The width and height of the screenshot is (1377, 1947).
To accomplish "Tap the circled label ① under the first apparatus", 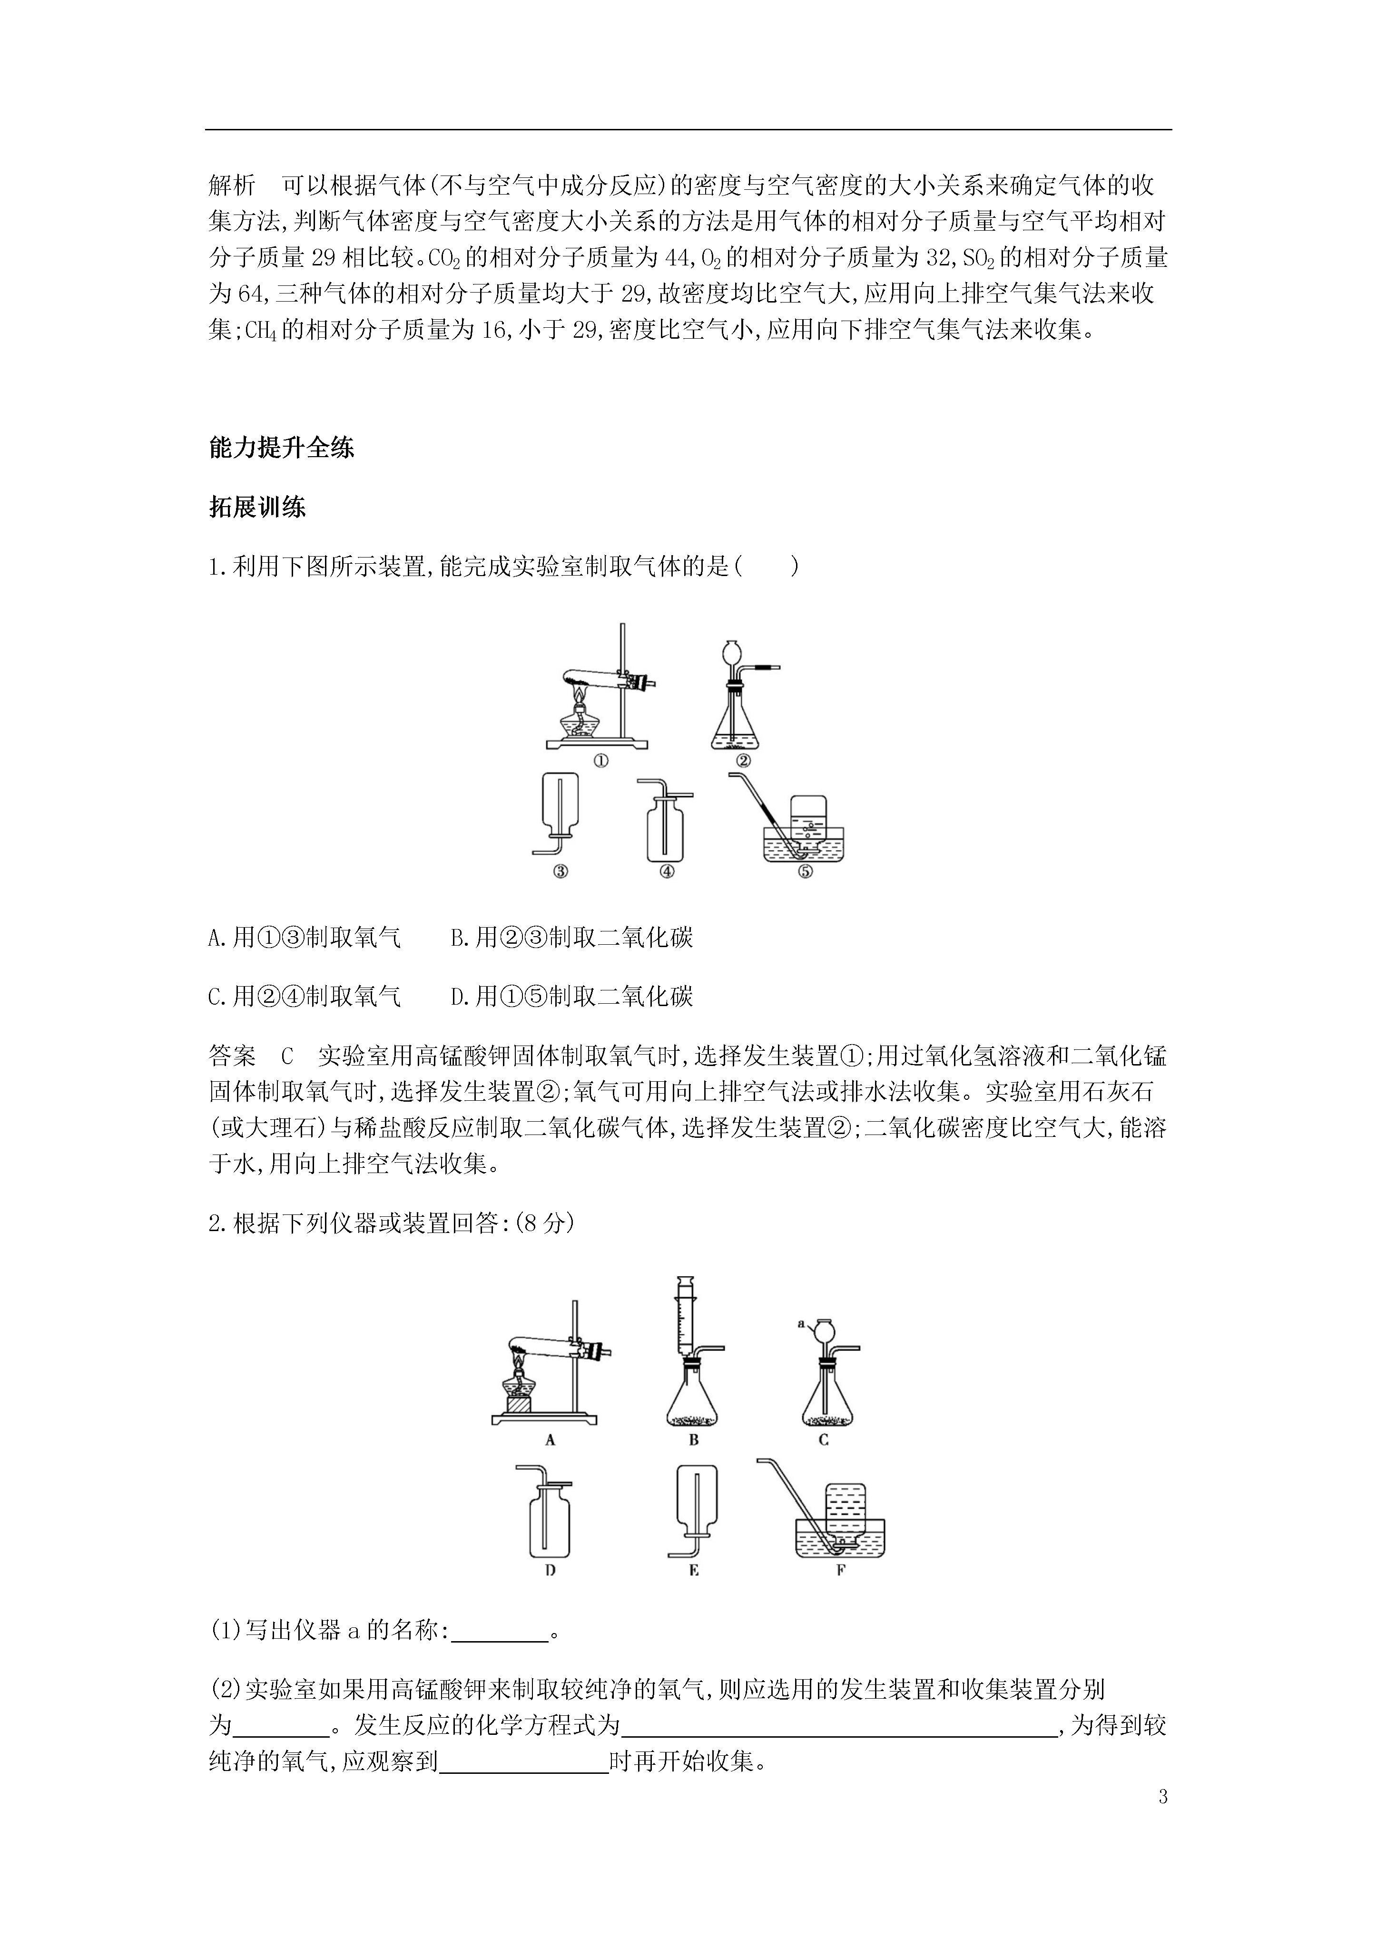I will click(600, 761).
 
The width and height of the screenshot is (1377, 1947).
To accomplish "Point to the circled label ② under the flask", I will click(744, 761).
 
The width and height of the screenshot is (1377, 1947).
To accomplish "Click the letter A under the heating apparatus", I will click(550, 1439).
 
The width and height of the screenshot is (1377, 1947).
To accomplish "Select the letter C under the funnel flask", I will click(823, 1439).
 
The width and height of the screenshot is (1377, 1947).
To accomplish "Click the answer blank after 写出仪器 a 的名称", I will click(500, 1631).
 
